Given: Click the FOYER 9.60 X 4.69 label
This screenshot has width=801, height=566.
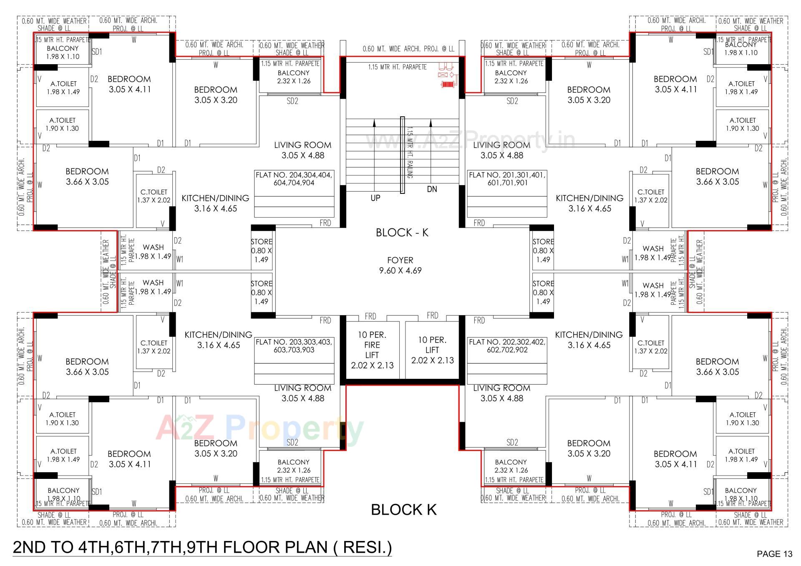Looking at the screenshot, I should pos(400,265).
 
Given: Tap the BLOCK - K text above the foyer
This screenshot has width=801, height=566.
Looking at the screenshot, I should pos(402,233).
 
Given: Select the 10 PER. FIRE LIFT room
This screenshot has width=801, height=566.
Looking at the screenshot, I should pos(372,350).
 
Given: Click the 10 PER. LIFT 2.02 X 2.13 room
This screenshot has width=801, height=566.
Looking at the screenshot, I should pos(432,350).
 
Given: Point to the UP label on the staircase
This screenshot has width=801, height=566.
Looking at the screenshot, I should pos(375,198).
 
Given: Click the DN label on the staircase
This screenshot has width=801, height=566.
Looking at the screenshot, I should pos(432,189).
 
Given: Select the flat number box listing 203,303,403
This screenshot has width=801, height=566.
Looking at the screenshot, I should pos(294,346).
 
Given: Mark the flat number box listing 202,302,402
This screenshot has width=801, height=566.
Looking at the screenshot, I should pos(507,346).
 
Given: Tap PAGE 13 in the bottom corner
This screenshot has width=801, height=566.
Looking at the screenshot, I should pos(774,554).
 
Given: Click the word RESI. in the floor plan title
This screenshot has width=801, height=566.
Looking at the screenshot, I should pos(367,547).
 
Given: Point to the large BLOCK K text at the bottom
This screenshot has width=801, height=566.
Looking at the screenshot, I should pos(403,509).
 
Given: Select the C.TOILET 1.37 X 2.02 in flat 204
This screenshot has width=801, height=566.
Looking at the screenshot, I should pos(154,196).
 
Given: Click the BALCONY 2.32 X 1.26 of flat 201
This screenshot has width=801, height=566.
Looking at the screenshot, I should pos(511,77).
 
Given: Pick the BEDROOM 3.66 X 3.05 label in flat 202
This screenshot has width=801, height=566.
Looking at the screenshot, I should pos(717,367).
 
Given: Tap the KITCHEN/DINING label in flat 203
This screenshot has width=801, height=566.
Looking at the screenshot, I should pos(218,340).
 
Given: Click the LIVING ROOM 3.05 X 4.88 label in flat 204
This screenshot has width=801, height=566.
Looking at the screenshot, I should pos(302,150).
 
